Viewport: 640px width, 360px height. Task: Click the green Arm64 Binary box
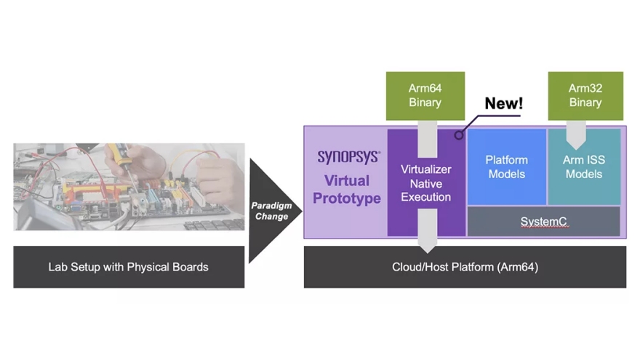point(425,95)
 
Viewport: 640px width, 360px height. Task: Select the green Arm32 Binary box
point(585,95)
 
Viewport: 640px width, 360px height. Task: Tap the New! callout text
point(503,103)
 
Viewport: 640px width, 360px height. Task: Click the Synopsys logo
point(348,157)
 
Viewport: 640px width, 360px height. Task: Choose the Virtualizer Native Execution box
point(426,183)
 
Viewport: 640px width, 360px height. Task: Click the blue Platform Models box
point(506,167)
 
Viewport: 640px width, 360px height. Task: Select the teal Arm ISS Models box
point(583,167)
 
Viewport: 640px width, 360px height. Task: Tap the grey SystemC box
point(543,221)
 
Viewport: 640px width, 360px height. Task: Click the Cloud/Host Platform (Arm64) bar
point(465,267)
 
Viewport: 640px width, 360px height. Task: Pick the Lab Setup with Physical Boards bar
point(129,267)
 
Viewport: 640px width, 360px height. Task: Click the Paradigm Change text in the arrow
point(271,211)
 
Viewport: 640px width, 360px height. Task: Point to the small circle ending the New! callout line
point(460,135)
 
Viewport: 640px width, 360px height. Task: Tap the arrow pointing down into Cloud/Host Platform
point(427,229)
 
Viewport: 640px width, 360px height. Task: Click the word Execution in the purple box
point(426,197)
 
